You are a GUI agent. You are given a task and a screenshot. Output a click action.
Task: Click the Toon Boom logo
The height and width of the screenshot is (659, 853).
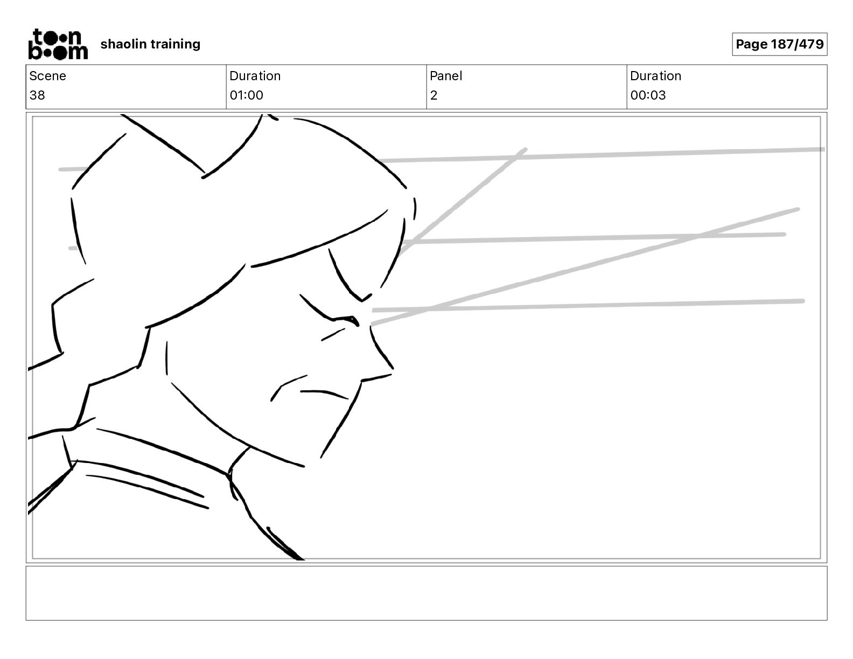tap(58, 44)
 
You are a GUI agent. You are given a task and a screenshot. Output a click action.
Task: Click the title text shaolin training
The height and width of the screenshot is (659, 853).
tap(150, 44)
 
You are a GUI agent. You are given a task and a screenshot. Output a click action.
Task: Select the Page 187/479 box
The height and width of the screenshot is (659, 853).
tap(779, 44)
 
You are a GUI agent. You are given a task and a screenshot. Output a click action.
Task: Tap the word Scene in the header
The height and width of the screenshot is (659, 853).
tap(47, 76)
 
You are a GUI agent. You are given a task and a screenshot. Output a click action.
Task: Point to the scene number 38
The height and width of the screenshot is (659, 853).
tap(37, 95)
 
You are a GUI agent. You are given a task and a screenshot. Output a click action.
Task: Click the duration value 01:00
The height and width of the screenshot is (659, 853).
tap(246, 95)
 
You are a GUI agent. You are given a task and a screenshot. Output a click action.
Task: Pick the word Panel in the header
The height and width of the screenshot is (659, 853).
tap(446, 76)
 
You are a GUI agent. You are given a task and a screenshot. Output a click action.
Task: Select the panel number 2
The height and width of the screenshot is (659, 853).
tap(434, 95)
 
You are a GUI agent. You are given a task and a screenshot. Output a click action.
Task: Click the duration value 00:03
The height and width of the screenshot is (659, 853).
tap(648, 95)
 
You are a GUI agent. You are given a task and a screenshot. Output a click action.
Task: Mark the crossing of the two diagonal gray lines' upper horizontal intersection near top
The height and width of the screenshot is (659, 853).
tap(514, 157)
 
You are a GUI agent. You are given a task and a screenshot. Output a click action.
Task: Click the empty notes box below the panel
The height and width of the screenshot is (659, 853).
tap(426, 593)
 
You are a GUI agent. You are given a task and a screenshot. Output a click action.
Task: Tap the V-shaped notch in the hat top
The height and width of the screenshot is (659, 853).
tap(204, 173)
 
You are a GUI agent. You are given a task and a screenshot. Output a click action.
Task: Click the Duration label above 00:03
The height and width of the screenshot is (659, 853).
tap(655, 76)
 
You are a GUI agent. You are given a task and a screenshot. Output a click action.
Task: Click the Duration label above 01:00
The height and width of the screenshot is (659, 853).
tap(255, 76)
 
